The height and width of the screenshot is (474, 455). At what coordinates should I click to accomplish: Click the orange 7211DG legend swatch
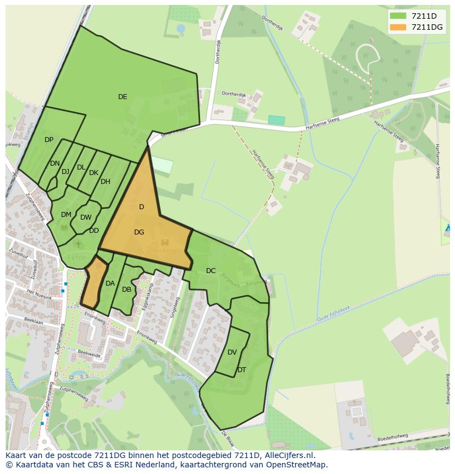click(x=398, y=27)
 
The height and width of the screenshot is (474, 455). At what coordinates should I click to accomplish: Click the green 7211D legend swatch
click(x=398, y=15)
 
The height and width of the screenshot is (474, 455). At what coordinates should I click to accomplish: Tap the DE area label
click(x=123, y=97)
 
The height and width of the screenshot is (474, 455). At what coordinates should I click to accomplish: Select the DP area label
click(x=49, y=140)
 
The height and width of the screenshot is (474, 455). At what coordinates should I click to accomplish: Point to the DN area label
click(x=54, y=164)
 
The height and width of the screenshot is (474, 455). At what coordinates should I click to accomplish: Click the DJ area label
click(x=65, y=172)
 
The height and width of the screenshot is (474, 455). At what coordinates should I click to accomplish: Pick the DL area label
click(x=81, y=167)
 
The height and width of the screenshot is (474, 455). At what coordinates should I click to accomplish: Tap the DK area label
click(x=93, y=173)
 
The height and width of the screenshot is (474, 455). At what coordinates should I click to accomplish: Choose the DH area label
click(x=106, y=182)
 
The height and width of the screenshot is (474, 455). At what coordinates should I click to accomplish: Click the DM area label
click(x=66, y=215)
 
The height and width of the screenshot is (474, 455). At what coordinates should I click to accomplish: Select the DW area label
click(x=86, y=217)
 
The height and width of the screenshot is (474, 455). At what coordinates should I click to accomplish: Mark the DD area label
click(x=94, y=231)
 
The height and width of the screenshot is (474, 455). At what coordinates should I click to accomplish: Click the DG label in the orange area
click(x=139, y=232)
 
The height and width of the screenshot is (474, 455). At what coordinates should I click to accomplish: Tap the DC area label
click(x=211, y=271)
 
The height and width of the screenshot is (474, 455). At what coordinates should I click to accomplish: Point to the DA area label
click(x=110, y=284)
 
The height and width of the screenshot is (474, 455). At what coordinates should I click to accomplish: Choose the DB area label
click(x=126, y=290)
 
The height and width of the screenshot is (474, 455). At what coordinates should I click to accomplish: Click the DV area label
click(x=232, y=352)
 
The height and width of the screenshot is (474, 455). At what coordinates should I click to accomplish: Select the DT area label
click(x=242, y=370)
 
